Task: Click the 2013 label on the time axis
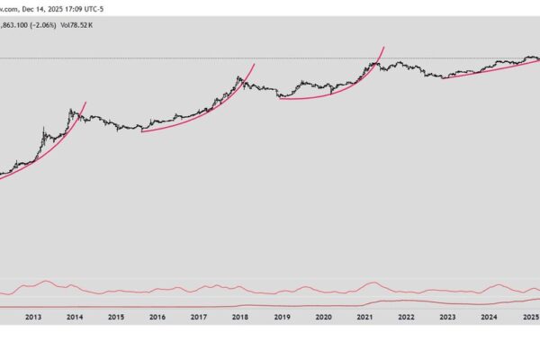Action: (x=33, y=317)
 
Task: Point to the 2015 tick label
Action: (x=116, y=317)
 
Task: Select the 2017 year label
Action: (x=199, y=317)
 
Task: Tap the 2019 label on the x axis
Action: (x=282, y=317)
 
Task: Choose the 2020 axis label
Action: (x=323, y=317)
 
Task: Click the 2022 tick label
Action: (x=406, y=317)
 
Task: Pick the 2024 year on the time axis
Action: (x=489, y=317)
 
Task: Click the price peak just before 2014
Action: (x=71, y=110)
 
